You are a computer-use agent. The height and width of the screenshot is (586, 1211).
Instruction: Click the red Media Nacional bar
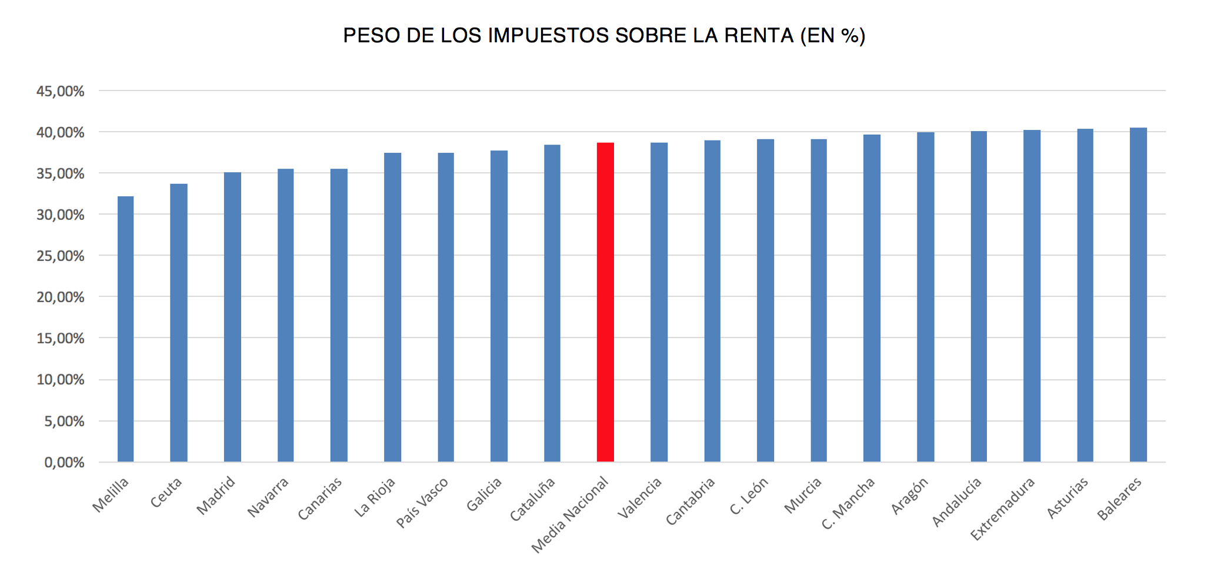coord(605,302)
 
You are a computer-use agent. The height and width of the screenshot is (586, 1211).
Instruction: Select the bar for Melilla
coord(125,329)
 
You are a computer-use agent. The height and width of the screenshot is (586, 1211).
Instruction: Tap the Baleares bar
coord(1138,295)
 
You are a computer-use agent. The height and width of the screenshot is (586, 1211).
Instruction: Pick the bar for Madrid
coord(232,317)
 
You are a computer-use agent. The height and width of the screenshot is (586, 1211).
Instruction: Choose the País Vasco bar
coord(446,307)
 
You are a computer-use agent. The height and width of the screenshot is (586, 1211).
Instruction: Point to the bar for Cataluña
coord(552,303)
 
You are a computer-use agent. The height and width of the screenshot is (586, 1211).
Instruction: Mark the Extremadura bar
coord(1032,296)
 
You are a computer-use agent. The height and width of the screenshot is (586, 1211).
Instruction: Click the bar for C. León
coord(765,300)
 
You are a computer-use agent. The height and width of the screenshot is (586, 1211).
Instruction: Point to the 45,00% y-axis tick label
coord(61,92)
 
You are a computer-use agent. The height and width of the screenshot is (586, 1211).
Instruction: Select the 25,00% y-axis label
coord(61,256)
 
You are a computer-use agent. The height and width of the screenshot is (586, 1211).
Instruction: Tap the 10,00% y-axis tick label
coord(61,380)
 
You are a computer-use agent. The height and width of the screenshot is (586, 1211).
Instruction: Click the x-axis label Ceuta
coord(166,493)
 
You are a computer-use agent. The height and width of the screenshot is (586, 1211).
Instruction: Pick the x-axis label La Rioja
coord(375,498)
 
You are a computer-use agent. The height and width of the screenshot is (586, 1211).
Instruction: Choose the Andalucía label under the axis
coord(957,502)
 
